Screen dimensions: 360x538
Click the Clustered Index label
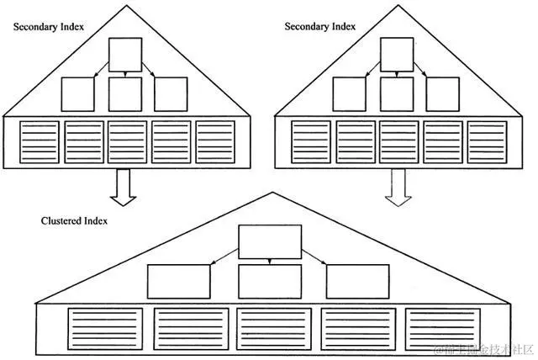(x=73, y=221)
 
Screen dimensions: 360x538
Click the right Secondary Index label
(x=319, y=27)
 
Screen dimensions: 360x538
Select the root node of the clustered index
(x=270, y=241)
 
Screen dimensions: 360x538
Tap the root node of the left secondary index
(x=124, y=55)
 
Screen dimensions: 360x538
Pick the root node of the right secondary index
(x=396, y=55)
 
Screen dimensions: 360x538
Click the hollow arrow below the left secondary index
(x=124, y=187)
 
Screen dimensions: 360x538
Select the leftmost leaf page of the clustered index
(x=105, y=328)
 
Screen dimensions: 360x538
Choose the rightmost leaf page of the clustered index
(x=442, y=328)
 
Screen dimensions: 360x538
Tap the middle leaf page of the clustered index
(x=273, y=328)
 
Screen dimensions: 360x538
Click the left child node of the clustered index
(x=179, y=281)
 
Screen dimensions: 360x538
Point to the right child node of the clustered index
(x=357, y=281)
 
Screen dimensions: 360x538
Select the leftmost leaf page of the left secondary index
(x=40, y=141)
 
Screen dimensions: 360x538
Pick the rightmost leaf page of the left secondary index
(x=215, y=141)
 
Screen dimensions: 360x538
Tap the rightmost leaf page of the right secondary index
(x=487, y=141)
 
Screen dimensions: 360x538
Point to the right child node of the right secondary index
(x=442, y=94)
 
